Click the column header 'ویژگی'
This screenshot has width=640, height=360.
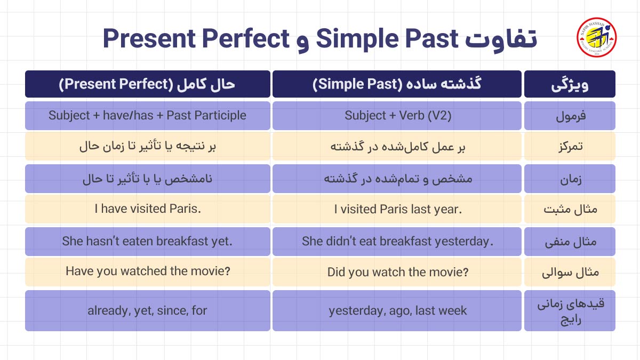pyautogui.click(x=570, y=84)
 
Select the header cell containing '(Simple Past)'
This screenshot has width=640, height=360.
pyautogui.click(x=397, y=84)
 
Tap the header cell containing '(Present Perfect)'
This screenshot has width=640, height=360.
pyautogui.click(x=147, y=84)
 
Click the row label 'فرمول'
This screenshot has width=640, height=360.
pyautogui.click(x=570, y=116)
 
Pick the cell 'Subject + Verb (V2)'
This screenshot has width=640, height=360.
pyautogui.click(x=397, y=116)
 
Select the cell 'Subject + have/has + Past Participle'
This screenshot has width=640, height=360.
pyautogui.click(x=147, y=116)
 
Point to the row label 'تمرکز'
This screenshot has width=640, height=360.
pyautogui.click(x=570, y=147)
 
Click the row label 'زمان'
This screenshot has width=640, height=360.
pyautogui.click(x=570, y=179)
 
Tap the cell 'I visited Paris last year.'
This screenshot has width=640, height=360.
pyautogui.click(x=397, y=209)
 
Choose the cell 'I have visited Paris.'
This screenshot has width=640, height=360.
pyautogui.click(x=147, y=209)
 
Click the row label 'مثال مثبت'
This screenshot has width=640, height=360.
pyautogui.click(x=570, y=209)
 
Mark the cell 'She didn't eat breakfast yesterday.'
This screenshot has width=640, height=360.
pyautogui.click(x=397, y=241)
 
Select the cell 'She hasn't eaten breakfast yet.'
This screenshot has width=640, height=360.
pyautogui.click(x=147, y=241)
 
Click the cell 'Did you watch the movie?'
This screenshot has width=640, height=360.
pyautogui.click(x=397, y=272)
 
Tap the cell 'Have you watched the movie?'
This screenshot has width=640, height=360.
pyautogui.click(x=147, y=271)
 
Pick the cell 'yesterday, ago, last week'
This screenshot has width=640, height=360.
pyautogui.click(x=397, y=310)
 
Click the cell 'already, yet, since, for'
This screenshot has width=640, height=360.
pyautogui.click(x=147, y=310)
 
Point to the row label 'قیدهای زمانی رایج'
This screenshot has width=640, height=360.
pyautogui.click(x=570, y=310)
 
